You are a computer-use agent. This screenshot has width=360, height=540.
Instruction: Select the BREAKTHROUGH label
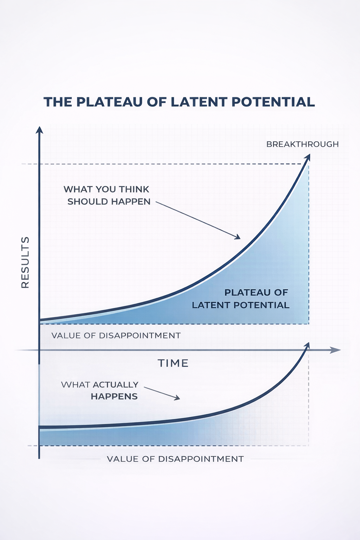pyautogui.click(x=302, y=144)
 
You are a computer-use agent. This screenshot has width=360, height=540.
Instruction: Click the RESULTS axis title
pyautogui.click(x=25, y=262)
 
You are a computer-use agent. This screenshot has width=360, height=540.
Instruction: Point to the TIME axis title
pyautogui.click(x=173, y=363)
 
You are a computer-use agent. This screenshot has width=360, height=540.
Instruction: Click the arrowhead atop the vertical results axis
pyautogui.click(x=39, y=130)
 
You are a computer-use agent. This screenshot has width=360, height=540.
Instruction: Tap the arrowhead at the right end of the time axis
pyautogui.click(x=335, y=350)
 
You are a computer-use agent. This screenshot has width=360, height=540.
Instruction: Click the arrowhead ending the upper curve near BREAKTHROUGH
pyautogui.click(x=307, y=157)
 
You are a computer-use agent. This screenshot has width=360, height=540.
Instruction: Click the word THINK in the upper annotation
pyautogui.click(x=134, y=189)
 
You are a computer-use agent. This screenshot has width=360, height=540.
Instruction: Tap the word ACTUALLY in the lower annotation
pyautogui.click(x=116, y=385)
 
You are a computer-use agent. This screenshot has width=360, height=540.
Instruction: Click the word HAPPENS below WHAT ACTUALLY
pyautogui.click(x=114, y=397)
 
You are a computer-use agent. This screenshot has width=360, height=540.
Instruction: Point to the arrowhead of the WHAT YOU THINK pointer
pyautogui.click(x=238, y=237)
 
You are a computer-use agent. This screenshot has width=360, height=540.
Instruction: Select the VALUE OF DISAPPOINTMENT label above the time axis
pyautogui.click(x=116, y=335)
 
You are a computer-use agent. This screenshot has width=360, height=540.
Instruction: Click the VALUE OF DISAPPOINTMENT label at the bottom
pyautogui.click(x=175, y=459)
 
